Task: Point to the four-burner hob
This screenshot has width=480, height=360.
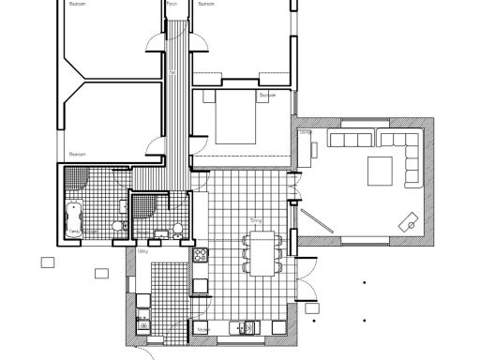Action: coord(199,255)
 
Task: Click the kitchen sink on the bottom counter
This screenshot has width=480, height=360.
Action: coord(245,328)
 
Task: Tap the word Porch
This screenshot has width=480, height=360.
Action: coord(172,5)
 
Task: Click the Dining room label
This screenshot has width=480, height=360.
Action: coord(255,220)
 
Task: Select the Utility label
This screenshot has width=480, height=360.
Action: coord(143,251)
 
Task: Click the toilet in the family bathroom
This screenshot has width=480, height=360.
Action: coord(117,227)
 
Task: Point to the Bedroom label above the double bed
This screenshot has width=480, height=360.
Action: coord(267,95)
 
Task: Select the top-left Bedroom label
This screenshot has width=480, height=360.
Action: coord(79,5)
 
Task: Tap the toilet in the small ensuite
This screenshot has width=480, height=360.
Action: coord(160,232)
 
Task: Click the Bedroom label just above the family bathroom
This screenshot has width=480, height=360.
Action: coord(79,153)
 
